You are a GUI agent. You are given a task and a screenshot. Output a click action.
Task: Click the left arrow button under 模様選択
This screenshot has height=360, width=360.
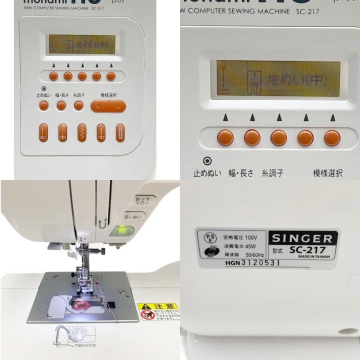(99, 106)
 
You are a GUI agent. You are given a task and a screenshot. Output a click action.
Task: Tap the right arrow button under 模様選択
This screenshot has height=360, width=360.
(117, 106)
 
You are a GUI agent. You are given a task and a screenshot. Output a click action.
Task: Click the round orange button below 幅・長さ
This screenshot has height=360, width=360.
(61, 105)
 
